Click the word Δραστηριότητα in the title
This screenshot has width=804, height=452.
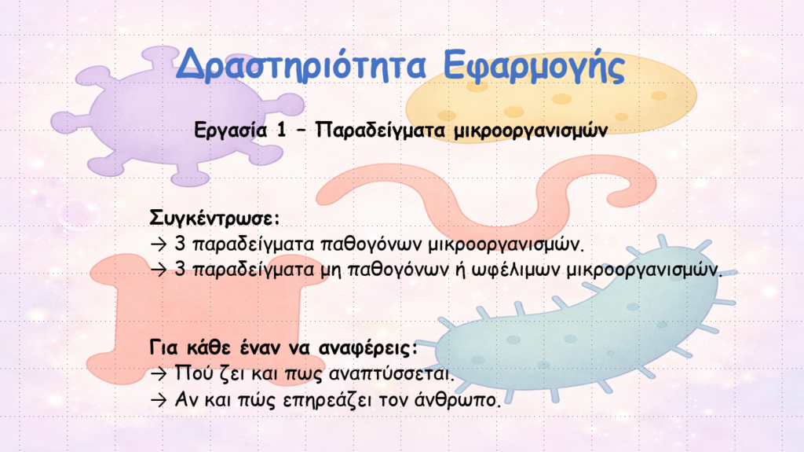[x=301, y=66]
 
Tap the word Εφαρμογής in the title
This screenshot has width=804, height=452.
[x=534, y=67]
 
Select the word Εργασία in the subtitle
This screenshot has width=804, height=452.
[x=231, y=130]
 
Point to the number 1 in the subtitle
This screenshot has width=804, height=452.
[x=281, y=130]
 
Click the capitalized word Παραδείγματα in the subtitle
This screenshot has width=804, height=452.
[x=380, y=130]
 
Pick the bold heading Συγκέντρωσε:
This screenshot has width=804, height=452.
[x=215, y=218]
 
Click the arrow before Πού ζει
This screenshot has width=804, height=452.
[x=159, y=373]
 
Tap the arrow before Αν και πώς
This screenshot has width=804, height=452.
[x=159, y=399]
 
